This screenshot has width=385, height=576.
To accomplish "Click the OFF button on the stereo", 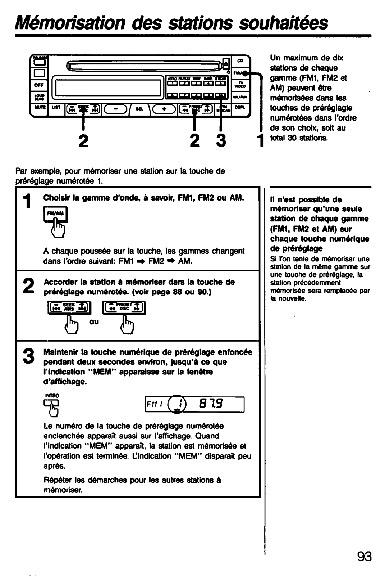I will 39,85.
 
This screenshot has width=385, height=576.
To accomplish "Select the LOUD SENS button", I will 39,96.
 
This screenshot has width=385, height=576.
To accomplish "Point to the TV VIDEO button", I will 240,85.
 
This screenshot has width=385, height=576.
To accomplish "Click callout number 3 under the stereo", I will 221,140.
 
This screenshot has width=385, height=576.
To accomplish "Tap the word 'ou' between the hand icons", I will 94,321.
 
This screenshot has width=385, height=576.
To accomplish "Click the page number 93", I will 364,556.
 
